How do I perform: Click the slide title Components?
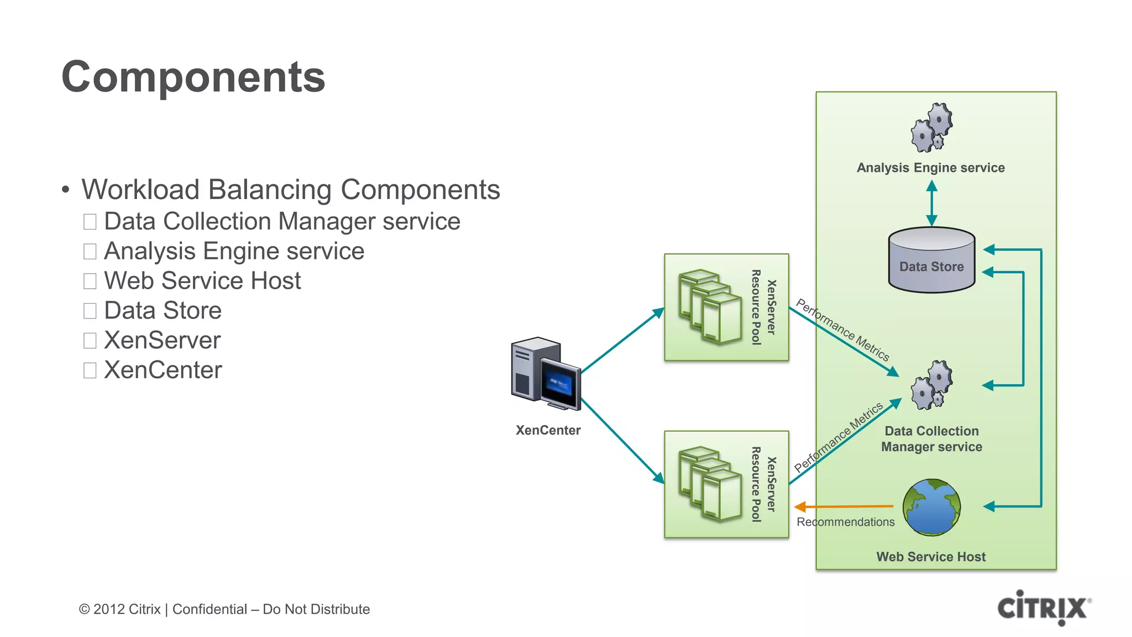pyautogui.click(x=193, y=77)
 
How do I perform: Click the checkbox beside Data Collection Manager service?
pyautogui.click(x=90, y=222)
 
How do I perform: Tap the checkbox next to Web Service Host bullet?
pyautogui.click(x=90, y=281)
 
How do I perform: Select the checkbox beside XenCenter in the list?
pyautogui.click(x=90, y=370)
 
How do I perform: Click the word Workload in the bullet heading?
pyautogui.click(x=140, y=190)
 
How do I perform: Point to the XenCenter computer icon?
pyautogui.click(x=545, y=374)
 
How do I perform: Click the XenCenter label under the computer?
pyautogui.click(x=548, y=430)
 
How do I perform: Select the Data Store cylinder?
pyautogui.click(x=931, y=260)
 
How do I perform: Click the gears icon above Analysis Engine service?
pyautogui.click(x=931, y=128)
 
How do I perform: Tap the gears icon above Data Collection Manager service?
pyautogui.click(x=931, y=385)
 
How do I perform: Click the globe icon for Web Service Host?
pyautogui.click(x=931, y=507)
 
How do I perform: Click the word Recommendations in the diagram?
pyautogui.click(x=845, y=522)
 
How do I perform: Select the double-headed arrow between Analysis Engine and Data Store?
pyautogui.click(x=931, y=203)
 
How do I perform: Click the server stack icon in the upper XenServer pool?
pyautogui.click(x=710, y=307)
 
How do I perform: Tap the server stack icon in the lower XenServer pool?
pyautogui.click(x=710, y=484)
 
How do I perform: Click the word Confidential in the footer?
pyautogui.click(x=209, y=609)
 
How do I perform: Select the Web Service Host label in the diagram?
pyautogui.click(x=931, y=557)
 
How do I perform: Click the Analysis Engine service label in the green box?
pyautogui.click(x=931, y=168)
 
